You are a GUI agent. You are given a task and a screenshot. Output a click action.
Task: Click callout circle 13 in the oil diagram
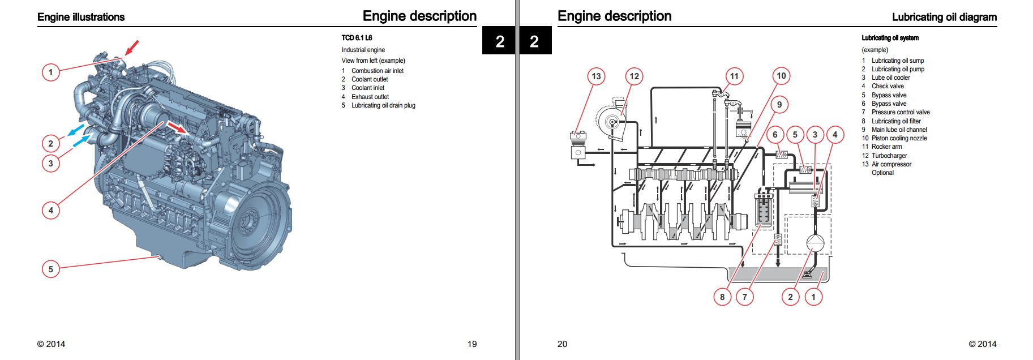[596, 76]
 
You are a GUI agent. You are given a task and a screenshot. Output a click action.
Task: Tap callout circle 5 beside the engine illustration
[51, 269]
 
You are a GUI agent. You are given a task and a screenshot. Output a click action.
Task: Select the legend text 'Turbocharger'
[889, 156]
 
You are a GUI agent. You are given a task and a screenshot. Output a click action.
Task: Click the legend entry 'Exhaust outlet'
[370, 97]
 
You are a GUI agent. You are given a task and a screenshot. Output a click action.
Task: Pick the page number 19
[472, 344]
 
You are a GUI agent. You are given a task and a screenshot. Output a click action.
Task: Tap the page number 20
[562, 344]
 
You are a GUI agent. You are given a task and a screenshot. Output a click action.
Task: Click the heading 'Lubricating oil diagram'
[944, 17]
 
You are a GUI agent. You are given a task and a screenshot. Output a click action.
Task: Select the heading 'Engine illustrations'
[81, 17]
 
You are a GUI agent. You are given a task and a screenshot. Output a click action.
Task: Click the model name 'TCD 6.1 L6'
[357, 38]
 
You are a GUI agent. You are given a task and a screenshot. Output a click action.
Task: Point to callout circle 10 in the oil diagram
[781, 76]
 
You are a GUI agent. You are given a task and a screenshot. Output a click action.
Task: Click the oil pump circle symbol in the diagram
[815, 243]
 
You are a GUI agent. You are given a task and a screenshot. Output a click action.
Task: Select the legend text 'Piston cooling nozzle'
[899, 138]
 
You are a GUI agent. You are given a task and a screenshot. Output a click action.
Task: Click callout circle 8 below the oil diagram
[722, 297]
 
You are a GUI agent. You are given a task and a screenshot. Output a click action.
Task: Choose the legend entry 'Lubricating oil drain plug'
[383, 105]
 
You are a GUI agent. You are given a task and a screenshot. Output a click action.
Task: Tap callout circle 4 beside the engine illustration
[51, 211]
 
